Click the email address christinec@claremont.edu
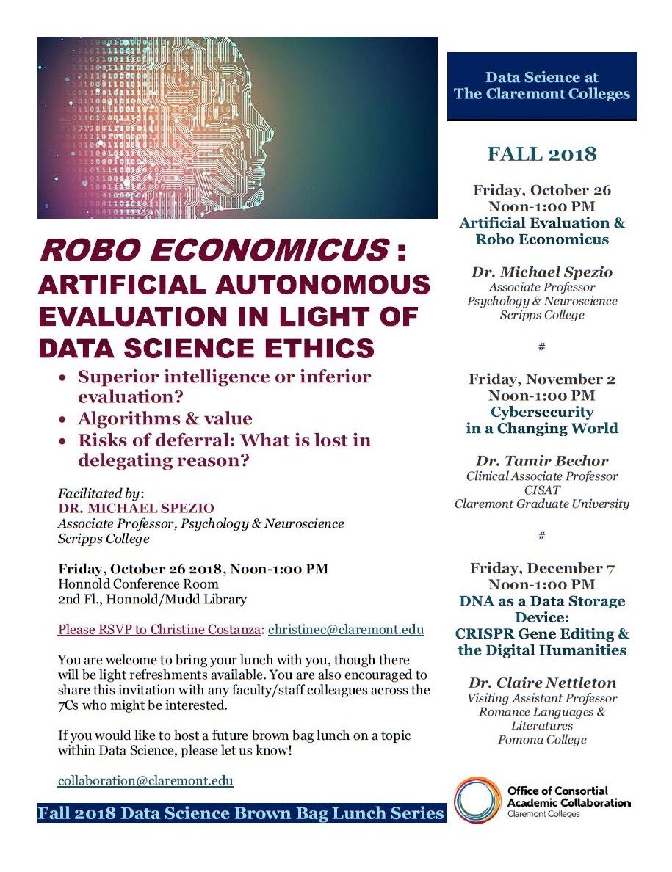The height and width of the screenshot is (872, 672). tap(346, 630)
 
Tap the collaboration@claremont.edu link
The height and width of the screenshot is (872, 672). tap(145, 780)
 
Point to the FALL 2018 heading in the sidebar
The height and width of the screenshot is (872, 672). tap(542, 154)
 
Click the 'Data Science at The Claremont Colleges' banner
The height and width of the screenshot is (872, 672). tap(542, 86)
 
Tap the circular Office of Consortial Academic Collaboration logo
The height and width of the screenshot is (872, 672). tap(477, 800)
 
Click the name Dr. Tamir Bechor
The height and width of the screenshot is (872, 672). tap(542, 461)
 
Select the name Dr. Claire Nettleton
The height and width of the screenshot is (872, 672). tap(542, 683)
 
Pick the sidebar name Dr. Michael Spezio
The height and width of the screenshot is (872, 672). tap(542, 272)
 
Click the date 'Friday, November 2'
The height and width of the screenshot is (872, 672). tap(542, 379)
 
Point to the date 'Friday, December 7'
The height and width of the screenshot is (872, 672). tap(542, 568)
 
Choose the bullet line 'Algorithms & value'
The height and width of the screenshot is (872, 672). tap(165, 418)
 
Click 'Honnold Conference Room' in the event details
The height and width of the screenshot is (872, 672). tap(138, 584)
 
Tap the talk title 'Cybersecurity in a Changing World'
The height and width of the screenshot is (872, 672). tap(542, 420)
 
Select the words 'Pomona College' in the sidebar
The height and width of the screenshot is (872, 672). tap(542, 739)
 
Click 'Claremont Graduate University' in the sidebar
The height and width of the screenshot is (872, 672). tap(542, 504)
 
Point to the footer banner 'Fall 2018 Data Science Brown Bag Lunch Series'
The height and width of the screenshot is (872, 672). tap(241, 813)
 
